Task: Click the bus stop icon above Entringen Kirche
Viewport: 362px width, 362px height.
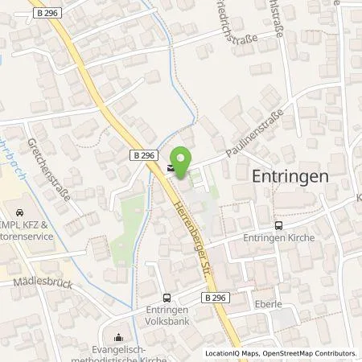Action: click(278, 226)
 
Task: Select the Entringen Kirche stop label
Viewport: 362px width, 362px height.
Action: click(280, 238)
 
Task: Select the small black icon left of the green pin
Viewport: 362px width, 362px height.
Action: click(170, 169)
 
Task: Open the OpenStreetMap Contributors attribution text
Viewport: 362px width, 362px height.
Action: click(310, 353)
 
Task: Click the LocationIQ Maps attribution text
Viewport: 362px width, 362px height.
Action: click(232, 353)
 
